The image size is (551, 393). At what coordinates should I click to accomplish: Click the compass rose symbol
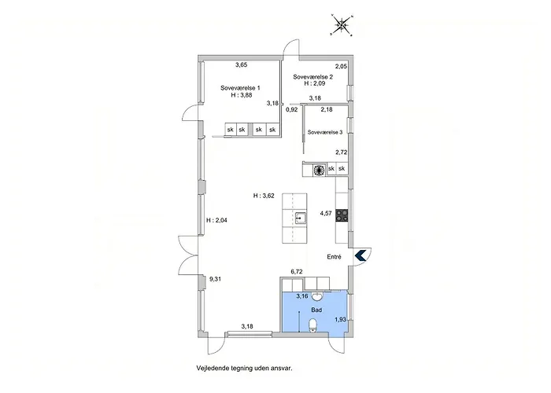click(341, 25)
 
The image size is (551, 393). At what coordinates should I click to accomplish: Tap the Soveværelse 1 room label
click(240, 88)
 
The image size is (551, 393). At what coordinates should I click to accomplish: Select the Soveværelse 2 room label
click(312, 77)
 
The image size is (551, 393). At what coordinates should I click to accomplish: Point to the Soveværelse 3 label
click(324, 132)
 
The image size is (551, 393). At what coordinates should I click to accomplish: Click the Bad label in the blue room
click(316, 310)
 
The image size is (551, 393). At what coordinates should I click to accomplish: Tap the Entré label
click(334, 257)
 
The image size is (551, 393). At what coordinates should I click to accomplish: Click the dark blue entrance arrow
click(361, 255)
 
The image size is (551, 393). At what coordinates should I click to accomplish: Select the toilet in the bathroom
click(312, 325)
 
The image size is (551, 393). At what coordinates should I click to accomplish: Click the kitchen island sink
click(301, 218)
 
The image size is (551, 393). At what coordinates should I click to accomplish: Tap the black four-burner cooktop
click(342, 215)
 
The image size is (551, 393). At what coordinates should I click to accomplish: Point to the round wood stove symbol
click(318, 170)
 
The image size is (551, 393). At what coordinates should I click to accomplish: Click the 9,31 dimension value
click(215, 279)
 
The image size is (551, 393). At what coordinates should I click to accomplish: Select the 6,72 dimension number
click(297, 271)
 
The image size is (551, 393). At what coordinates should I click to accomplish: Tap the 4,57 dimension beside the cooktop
click(326, 213)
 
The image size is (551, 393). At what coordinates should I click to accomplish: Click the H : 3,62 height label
click(264, 196)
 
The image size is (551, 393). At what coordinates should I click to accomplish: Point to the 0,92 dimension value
click(292, 109)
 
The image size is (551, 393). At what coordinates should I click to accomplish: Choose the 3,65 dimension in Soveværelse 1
click(242, 64)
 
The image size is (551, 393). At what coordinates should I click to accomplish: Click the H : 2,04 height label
click(216, 220)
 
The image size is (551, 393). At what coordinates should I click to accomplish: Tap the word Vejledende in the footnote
click(211, 368)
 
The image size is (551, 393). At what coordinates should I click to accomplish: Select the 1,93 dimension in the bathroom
click(340, 319)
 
